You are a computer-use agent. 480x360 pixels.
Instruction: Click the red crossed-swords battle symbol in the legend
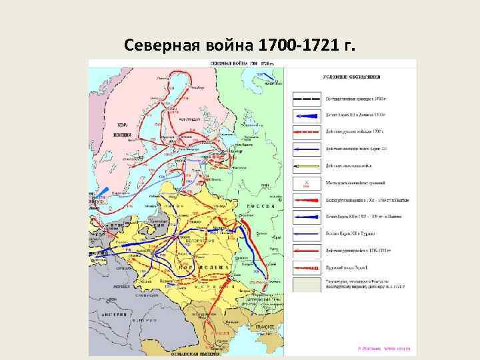click(305, 182)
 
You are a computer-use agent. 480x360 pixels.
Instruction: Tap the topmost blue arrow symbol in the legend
click(305, 114)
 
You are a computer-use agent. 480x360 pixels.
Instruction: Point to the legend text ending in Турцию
click(353, 233)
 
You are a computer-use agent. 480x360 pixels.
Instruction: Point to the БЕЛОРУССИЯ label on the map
click(197, 239)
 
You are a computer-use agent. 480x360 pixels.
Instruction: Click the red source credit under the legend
click(383, 347)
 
